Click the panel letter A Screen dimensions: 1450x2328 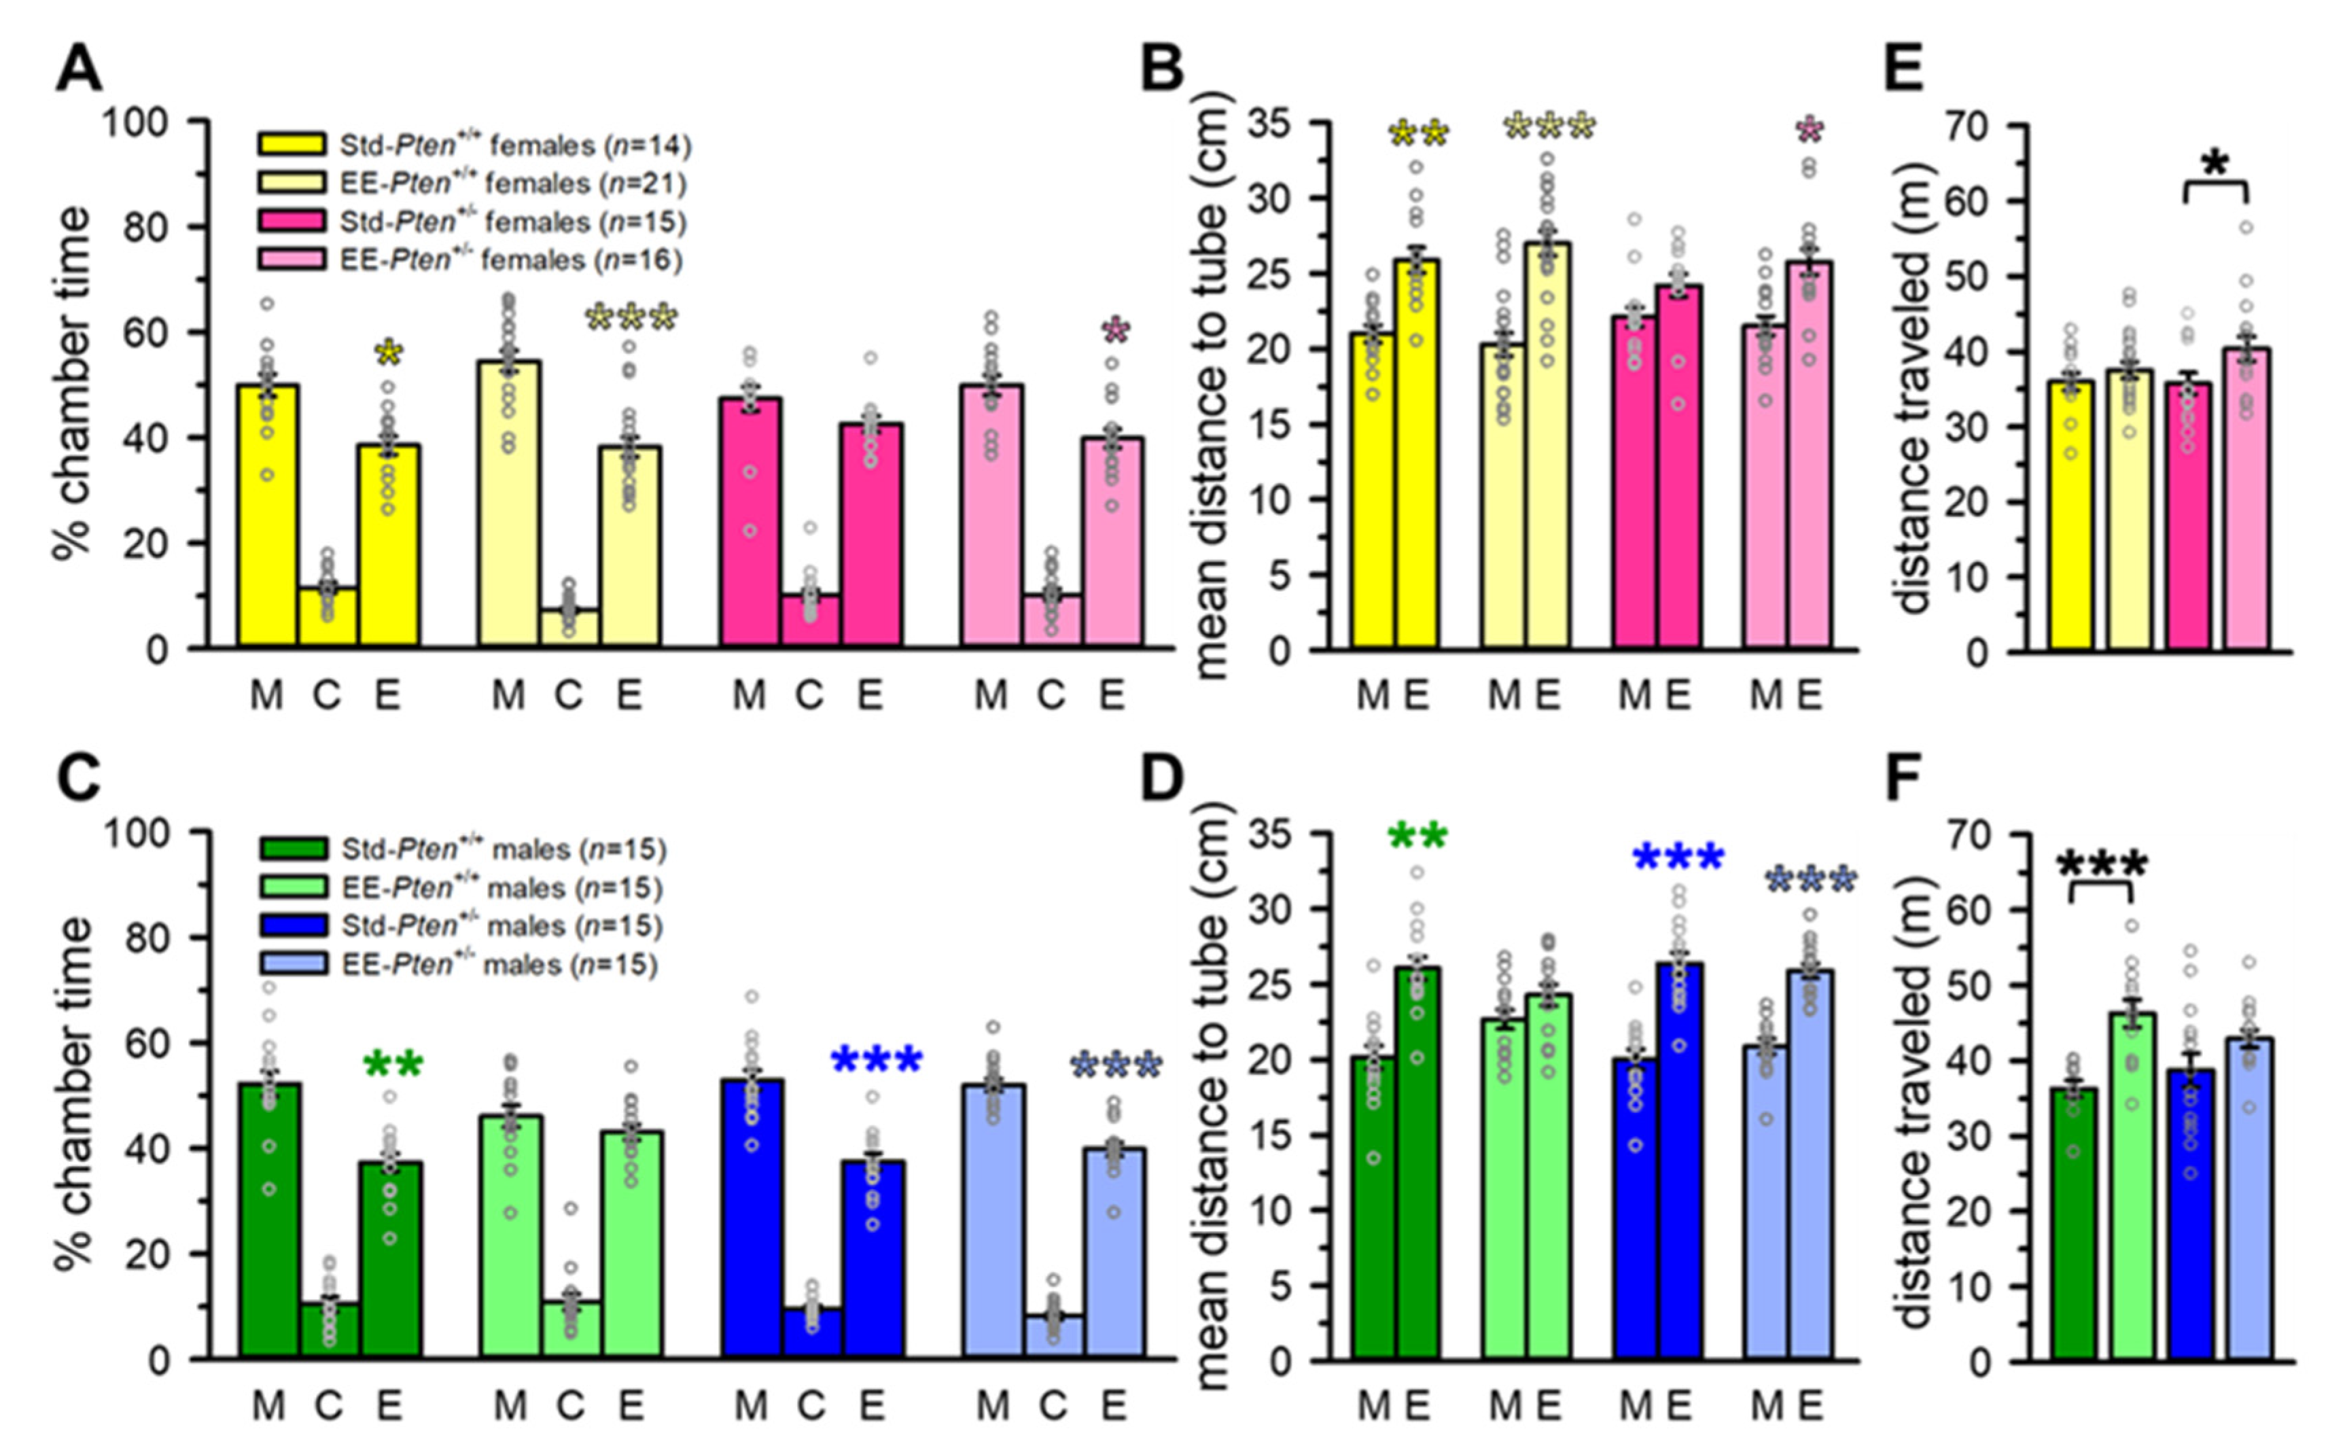[79, 69]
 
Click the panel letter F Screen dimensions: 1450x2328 [1904, 781]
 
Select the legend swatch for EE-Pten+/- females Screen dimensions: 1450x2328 [292, 260]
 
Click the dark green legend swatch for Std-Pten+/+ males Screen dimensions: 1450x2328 [292, 849]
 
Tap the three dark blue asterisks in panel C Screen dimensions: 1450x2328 [877, 1061]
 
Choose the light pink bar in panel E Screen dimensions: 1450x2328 [2246, 499]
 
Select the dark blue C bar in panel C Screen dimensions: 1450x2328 [811, 1333]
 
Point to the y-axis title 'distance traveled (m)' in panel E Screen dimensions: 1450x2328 [1913, 389]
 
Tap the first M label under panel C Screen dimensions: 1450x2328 [268, 1406]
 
